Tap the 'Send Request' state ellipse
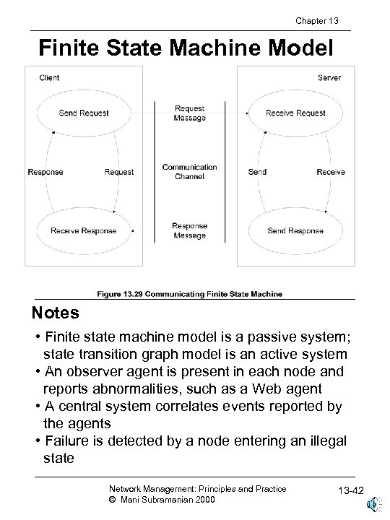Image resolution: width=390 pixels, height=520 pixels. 84,113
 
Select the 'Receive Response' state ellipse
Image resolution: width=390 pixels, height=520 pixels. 84,230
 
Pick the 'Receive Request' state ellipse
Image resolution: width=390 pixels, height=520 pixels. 295,113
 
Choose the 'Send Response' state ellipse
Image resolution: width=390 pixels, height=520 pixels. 295,230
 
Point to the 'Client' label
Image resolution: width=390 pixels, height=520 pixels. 49,77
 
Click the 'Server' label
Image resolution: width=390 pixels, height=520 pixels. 329,77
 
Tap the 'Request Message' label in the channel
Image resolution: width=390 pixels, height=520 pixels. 189,113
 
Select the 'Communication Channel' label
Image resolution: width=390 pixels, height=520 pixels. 189,172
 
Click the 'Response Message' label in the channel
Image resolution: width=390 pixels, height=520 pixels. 189,230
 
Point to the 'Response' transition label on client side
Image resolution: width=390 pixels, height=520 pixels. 45,172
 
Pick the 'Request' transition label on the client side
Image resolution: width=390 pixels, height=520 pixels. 118,172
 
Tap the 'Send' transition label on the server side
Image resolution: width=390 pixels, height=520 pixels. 257,172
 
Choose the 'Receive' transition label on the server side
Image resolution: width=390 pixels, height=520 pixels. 331,172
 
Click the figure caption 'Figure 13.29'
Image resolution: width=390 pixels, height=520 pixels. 190,294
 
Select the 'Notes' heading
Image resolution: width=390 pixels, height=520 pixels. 55,315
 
